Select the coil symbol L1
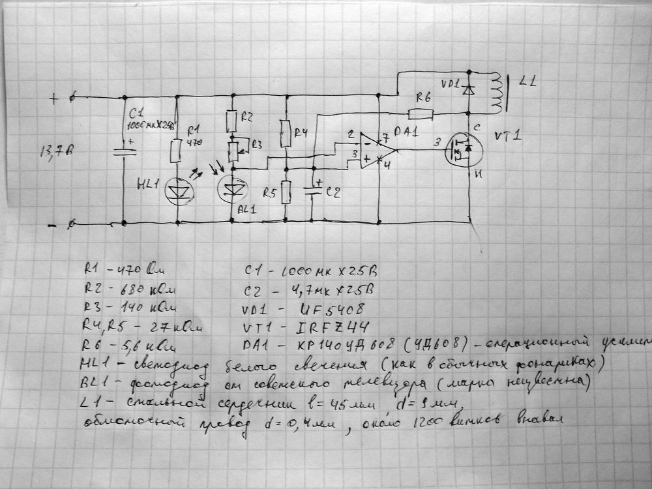coord(497,91)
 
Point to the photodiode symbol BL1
coord(231,186)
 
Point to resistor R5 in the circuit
coord(285,191)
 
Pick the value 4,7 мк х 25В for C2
coord(334,288)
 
